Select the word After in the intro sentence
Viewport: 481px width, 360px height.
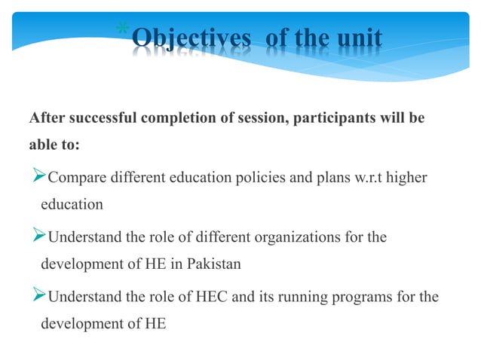coord(45,119)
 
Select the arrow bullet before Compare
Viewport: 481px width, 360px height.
coord(37,178)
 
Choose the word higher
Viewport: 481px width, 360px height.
coord(408,178)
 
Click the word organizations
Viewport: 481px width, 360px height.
coord(302,238)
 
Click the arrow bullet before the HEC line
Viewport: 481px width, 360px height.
coord(37,297)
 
